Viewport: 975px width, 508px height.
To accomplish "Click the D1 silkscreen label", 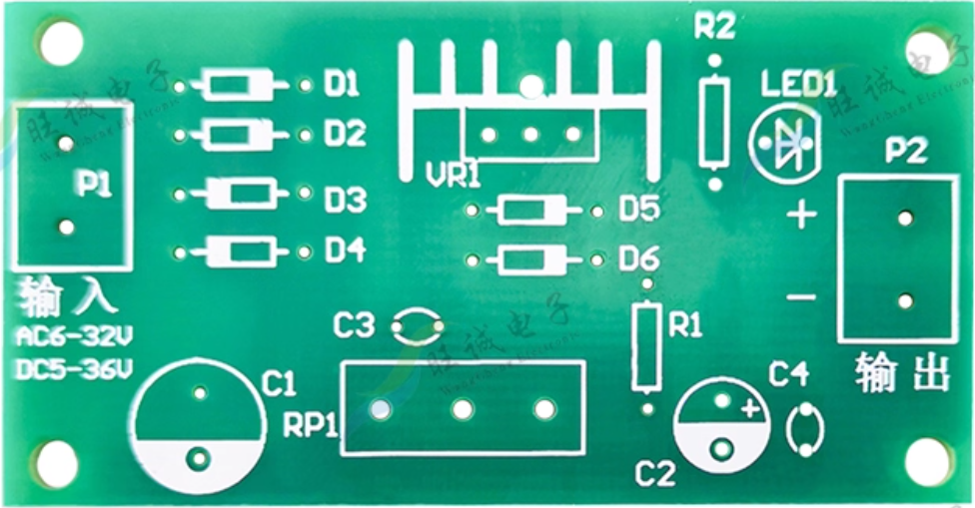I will point(342,86).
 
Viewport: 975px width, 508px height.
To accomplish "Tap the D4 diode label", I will point(345,252).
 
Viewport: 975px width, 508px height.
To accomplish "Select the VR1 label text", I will point(453,176).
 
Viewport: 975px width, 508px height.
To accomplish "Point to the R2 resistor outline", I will point(714,123).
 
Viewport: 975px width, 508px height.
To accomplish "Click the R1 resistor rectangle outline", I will point(646,347).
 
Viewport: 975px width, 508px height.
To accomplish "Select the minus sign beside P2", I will point(800,296).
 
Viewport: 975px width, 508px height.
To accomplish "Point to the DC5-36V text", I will point(74,369).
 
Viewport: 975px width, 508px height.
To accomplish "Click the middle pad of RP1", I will point(463,409).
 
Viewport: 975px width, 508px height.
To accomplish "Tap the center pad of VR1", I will point(530,134).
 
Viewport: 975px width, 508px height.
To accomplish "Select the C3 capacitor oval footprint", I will point(418,324).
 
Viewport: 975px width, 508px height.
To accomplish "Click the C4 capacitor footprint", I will point(805,430).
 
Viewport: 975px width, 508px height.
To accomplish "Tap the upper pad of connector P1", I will point(66,144).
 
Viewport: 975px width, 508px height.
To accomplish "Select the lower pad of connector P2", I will point(904,300).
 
